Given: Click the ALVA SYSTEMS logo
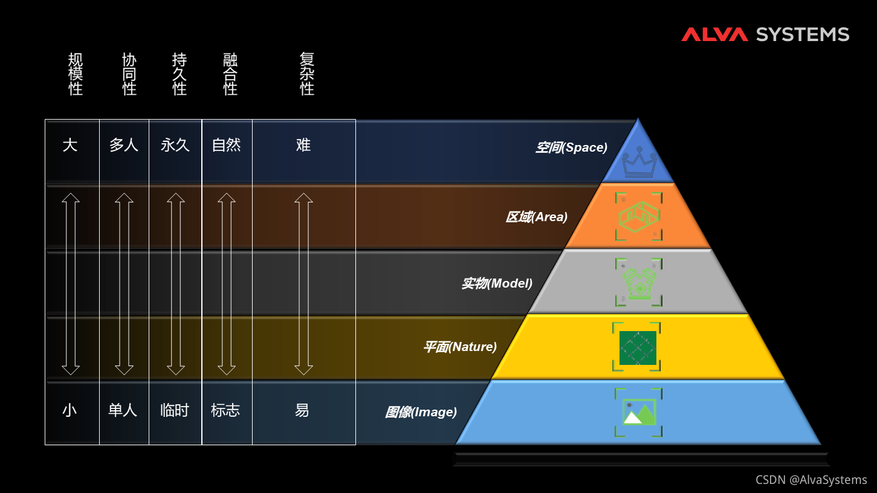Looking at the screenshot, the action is pos(765,34).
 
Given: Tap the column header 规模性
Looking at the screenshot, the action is pos(76,74).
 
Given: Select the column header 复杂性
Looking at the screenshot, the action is pos(307,74).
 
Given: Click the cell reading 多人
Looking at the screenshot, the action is pos(124,145).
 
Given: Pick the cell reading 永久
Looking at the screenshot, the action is pos(175,145).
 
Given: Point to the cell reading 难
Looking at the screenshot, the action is pos(303,145).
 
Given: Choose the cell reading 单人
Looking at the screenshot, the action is pos(123,410).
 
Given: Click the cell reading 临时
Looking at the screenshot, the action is pos(175,410).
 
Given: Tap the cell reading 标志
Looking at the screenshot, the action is pos(225,410).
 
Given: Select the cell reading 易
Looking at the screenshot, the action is pos(302,410).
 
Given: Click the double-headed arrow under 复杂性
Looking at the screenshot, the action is pos(303,283).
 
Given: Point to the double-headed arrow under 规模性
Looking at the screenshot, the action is pos(71,283).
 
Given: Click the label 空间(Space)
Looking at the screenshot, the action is pos(571,147).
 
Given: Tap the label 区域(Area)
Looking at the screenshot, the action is pos(537,216).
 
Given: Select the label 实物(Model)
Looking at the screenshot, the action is pos(497,283).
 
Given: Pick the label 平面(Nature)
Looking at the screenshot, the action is pos(460,347).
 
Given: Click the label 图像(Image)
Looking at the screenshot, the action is pos(421,412).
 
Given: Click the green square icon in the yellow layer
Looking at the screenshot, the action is pos(638,347).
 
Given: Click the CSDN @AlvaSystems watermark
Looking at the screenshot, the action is pos(811,480).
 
